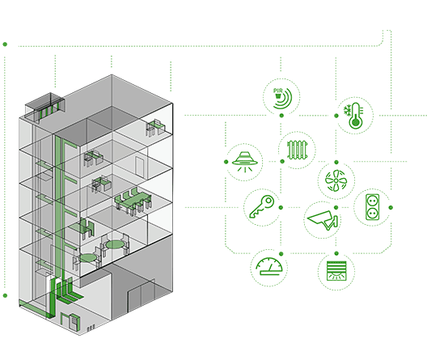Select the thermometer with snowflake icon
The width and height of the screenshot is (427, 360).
point(354,116)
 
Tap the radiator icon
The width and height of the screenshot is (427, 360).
point(297,150)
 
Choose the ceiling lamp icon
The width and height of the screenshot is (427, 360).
point(245,162)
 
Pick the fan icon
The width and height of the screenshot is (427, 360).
point(336,180)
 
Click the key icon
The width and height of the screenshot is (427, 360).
point(262,206)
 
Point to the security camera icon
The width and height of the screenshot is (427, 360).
point(323,220)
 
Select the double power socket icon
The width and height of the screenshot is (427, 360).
point(372,207)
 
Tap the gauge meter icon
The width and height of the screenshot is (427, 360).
point(268,266)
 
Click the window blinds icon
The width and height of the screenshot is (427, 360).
point(336,271)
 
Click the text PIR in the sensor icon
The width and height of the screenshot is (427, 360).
point(277,91)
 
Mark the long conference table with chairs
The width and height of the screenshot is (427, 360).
point(133,200)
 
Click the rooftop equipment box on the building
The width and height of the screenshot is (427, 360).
point(45,108)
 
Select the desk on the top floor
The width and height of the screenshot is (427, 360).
point(156,127)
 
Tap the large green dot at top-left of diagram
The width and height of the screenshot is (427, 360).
point(5,44)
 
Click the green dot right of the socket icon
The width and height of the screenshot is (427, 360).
point(391,207)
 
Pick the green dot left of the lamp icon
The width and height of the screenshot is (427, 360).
point(226,162)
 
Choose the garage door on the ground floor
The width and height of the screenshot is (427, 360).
point(142,295)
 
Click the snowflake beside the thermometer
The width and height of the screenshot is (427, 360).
point(347,110)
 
